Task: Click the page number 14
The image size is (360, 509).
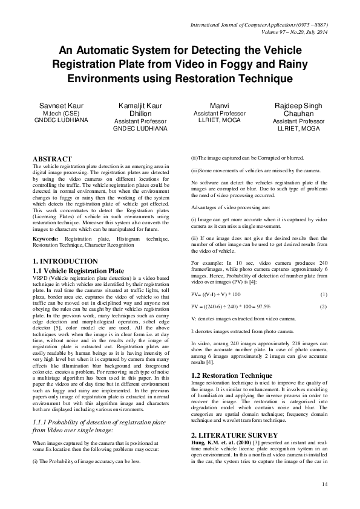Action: [324, 484]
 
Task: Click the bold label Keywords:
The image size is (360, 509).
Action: [45, 239]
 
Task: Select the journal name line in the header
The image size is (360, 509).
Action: [259, 25]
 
